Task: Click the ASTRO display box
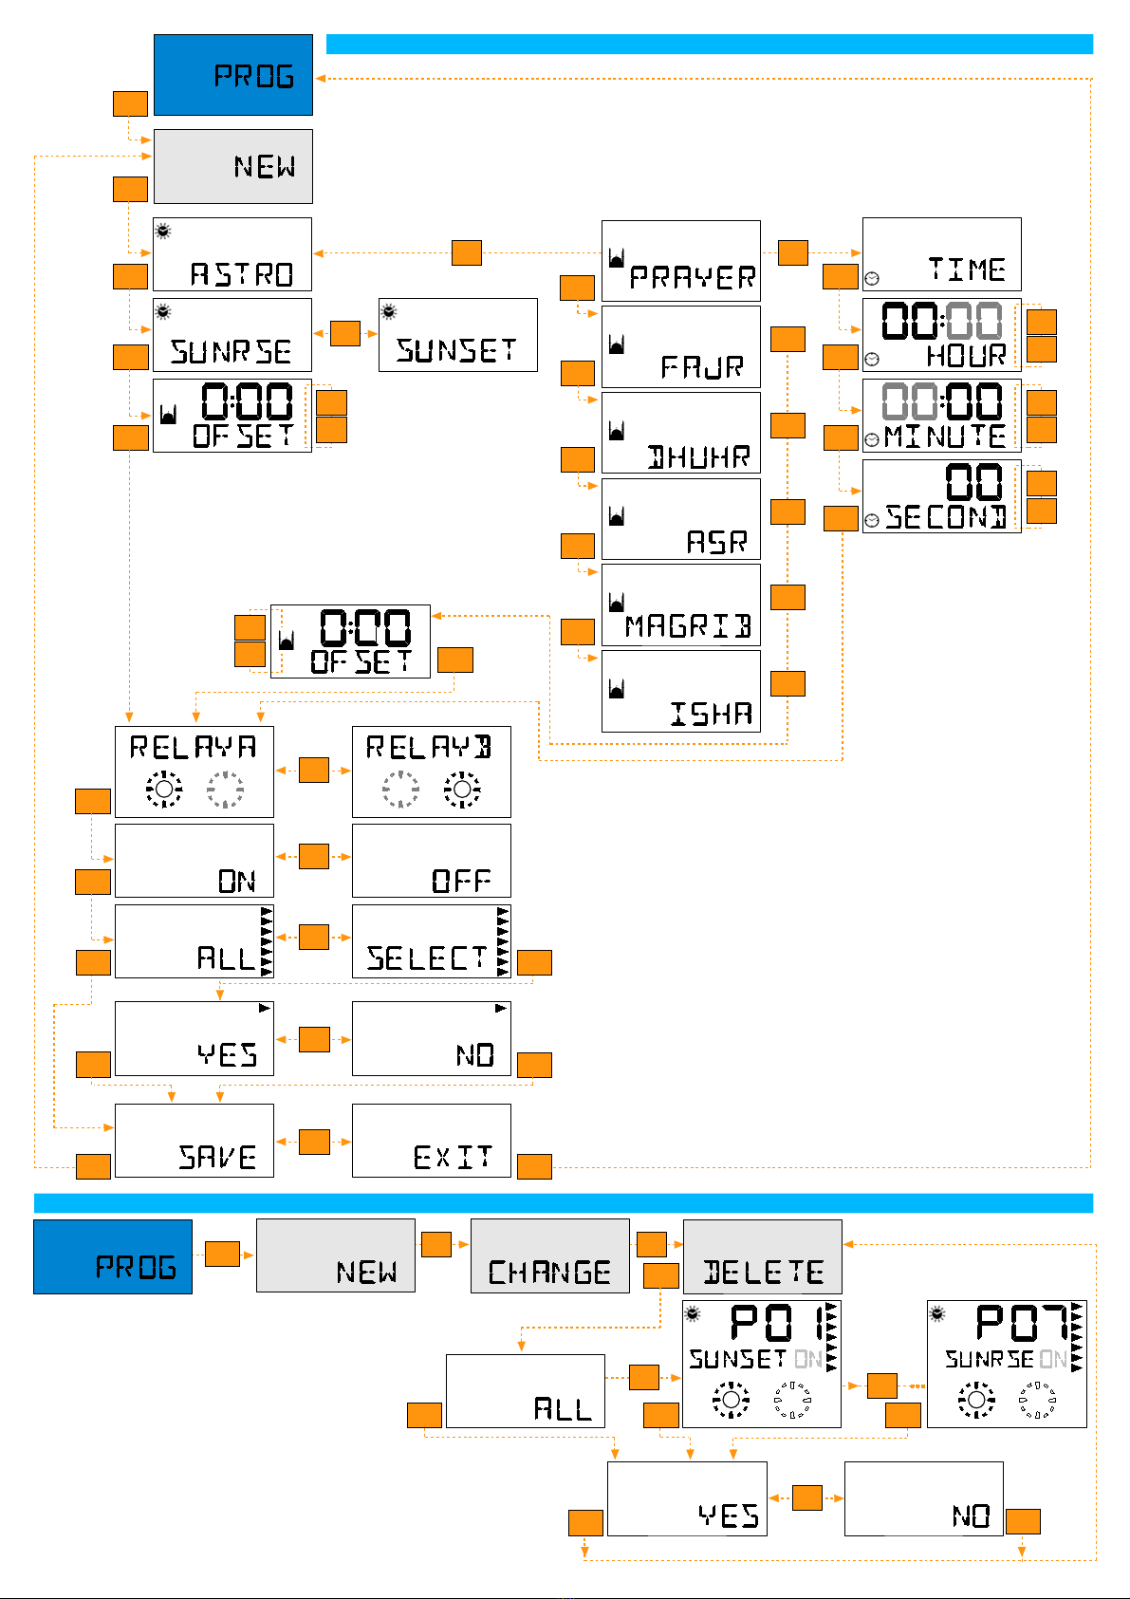(x=232, y=254)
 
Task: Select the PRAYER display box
(x=681, y=261)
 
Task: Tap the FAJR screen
(x=681, y=346)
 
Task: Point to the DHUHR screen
(x=681, y=433)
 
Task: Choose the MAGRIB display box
(x=681, y=605)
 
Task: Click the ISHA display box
(x=681, y=691)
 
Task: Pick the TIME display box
(x=941, y=254)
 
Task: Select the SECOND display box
(x=941, y=496)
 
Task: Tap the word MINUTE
(x=945, y=437)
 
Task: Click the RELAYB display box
(x=432, y=772)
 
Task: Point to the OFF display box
(x=432, y=861)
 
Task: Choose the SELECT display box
(x=432, y=941)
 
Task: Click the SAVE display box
(x=195, y=1141)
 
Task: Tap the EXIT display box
(x=432, y=1141)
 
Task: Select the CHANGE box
(x=550, y=1255)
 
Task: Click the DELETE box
(x=763, y=1255)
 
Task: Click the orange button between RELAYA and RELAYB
(x=314, y=770)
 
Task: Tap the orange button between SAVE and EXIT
(x=314, y=1142)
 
